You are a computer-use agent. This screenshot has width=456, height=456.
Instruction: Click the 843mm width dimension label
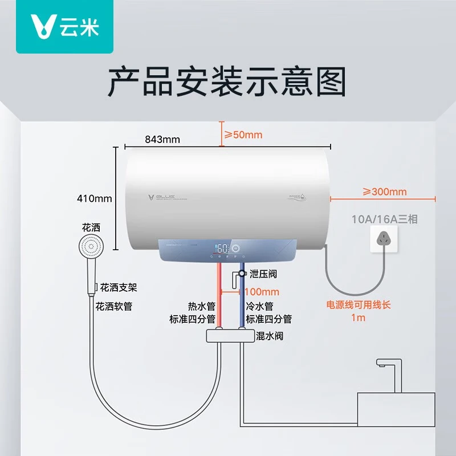(x=162, y=139)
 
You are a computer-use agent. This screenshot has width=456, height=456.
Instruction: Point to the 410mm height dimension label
(x=95, y=199)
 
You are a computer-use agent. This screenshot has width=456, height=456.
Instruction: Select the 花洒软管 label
(x=114, y=306)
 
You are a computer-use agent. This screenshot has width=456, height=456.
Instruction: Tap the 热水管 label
(x=202, y=307)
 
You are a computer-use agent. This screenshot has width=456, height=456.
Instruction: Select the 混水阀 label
(x=270, y=336)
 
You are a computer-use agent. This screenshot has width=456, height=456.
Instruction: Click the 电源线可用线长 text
(x=358, y=305)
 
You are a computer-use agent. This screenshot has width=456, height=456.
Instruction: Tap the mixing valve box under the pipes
(x=230, y=336)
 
